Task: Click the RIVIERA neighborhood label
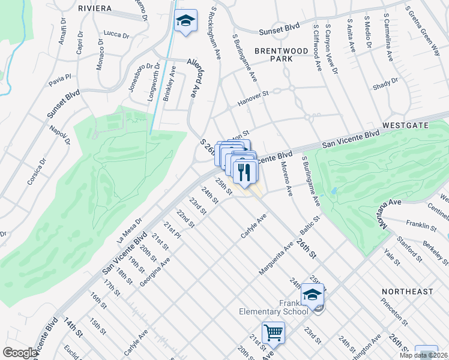95,8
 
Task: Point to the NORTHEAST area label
407,292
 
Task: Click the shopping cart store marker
273,332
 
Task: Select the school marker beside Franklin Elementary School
312,294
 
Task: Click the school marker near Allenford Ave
185,22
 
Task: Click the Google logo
20,352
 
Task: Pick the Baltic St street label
312,227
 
